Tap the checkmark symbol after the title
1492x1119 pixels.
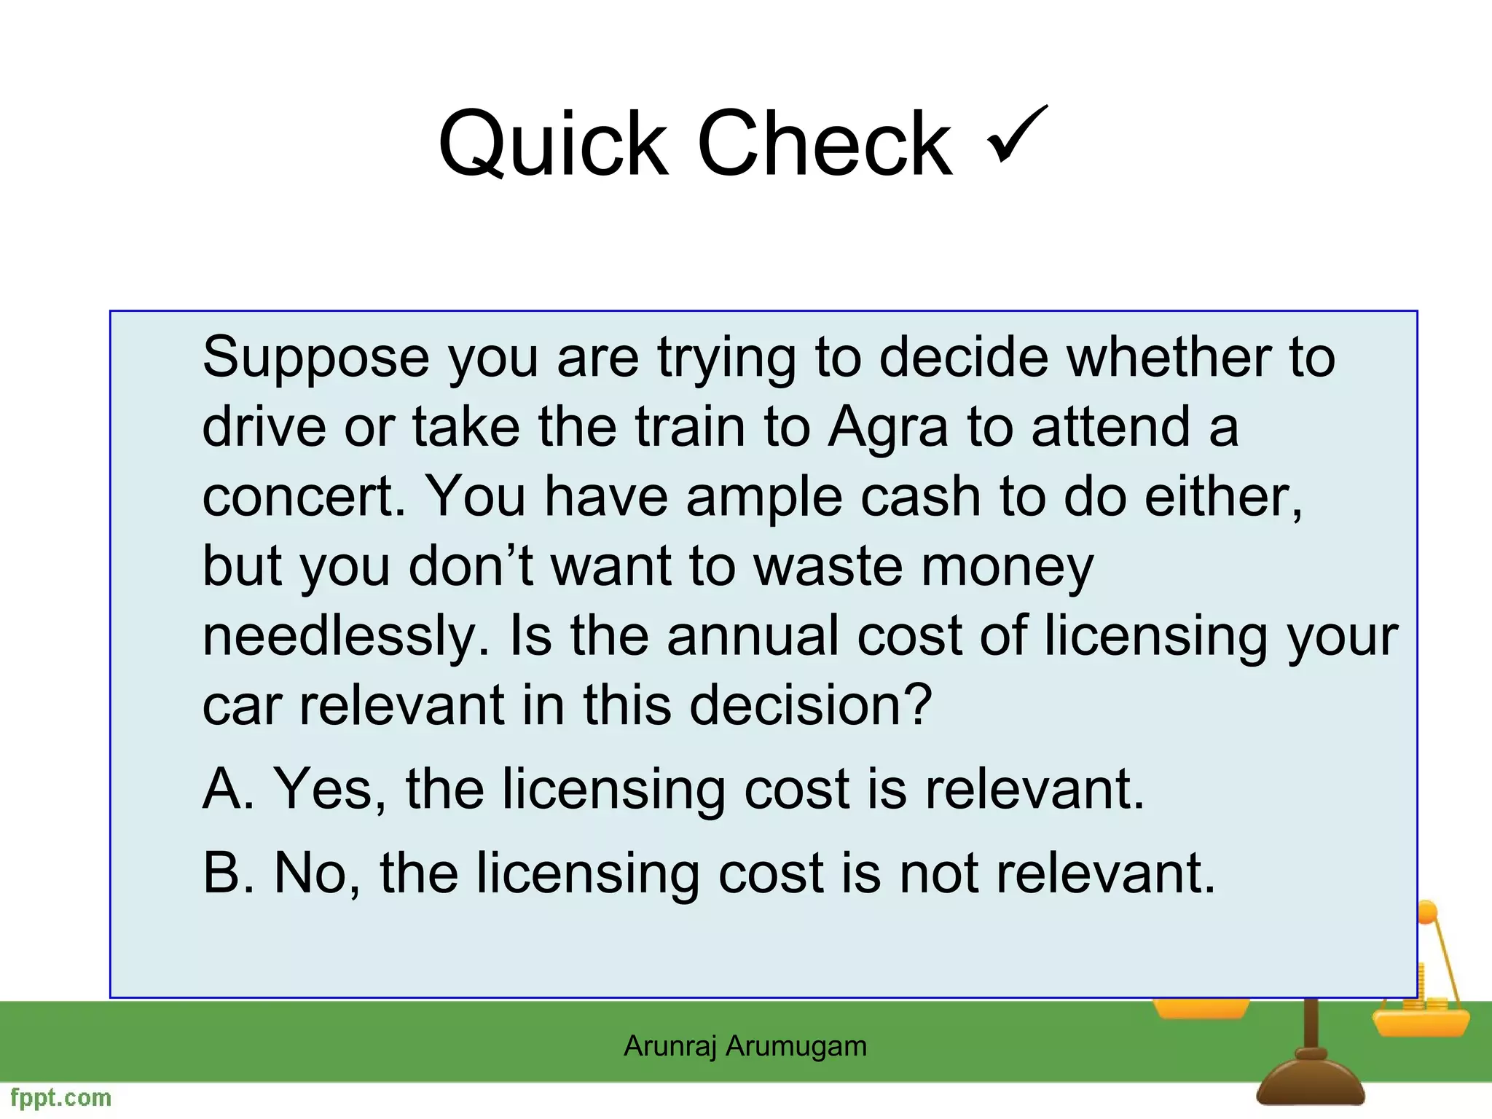pyautogui.click(x=1017, y=135)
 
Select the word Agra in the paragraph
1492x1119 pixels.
pyautogui.click(x=888, y=428)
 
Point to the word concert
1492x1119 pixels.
pyautogui.click(x=303, y=498)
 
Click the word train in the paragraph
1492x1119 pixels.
pyautogui.click(x=690, y=428)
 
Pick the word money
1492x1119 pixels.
pyautogui.click(x=1007, y=568)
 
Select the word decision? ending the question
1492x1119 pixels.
pyautogui.click(x=811, y=705)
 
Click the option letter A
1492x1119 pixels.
pyautogui.click(x=227, y=789)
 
